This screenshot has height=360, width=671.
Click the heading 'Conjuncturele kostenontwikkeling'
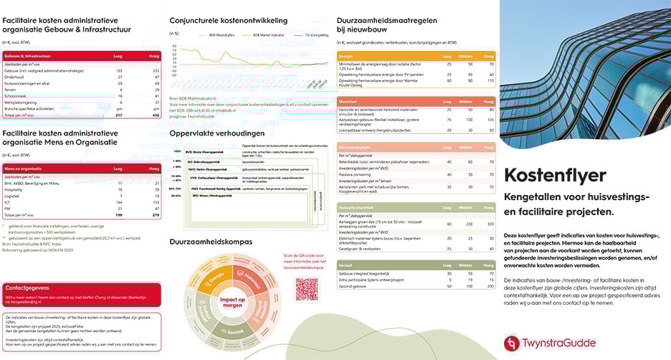[x=229, y=21]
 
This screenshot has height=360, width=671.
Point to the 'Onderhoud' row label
[x=14, y=77]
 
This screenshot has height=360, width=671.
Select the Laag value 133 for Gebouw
[x=119, y=70]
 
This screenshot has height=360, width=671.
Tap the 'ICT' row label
[x=8, y=202]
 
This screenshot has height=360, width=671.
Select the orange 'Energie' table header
[x=346, y=56]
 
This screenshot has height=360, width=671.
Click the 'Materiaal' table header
[x=349, y=102]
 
